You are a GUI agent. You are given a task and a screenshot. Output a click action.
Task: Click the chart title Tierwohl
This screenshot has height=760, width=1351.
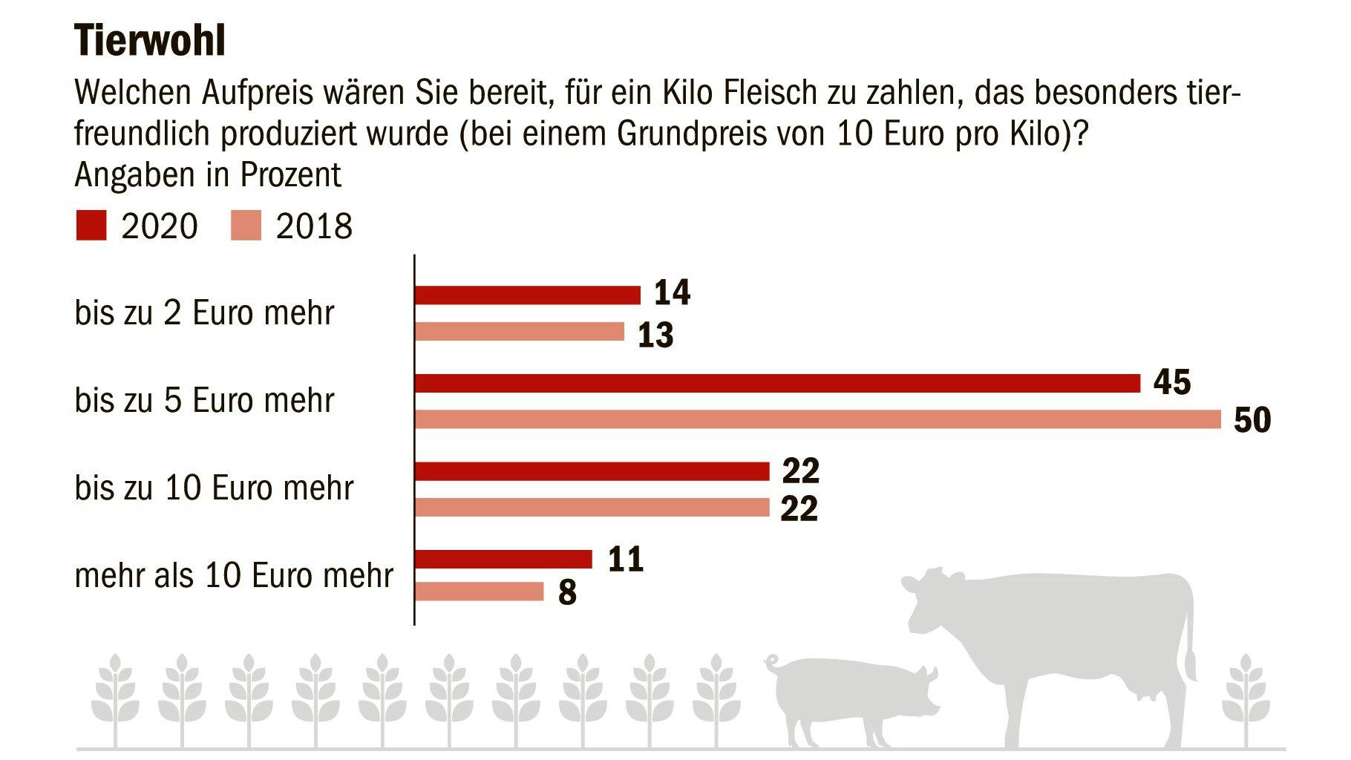click(x=149, y=41)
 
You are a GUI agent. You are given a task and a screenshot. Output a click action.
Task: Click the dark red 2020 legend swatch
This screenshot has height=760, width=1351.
click(x=91, y=226)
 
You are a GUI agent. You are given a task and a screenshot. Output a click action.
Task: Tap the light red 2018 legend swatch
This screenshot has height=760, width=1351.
click(x=246, y=226)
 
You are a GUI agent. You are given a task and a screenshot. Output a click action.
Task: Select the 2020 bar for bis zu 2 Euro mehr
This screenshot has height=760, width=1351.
click(x=527, y=295)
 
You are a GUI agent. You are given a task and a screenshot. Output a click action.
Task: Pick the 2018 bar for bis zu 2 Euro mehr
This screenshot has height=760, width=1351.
click(x=519, y=332)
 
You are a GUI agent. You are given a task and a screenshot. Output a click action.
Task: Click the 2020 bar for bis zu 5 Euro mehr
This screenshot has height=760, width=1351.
click(x=776, y=383)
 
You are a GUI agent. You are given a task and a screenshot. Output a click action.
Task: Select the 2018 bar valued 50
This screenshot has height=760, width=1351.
click(x=817, y=419)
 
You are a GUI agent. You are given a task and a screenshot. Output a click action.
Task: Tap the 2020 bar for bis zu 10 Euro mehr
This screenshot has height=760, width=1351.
click(x=591, y=471)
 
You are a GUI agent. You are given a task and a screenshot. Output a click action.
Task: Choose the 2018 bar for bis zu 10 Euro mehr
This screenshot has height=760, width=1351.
click(x=591, y=508)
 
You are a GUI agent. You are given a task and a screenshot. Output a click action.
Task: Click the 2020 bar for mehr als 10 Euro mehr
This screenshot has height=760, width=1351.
click(x=503, y=559)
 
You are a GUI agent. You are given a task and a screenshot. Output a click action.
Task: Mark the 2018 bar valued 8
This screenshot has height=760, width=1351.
click(x=479, y=592)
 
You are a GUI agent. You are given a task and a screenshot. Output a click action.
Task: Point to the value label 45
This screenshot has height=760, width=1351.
click(x=1172, y=382)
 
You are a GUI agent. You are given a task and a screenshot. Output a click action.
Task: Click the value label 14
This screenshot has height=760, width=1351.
click(x=672, y=292)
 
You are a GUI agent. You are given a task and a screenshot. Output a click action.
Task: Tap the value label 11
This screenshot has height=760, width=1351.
click(x=625, y=558)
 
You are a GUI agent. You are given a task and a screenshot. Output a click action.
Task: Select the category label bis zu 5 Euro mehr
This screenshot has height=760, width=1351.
click(x=204, y=401)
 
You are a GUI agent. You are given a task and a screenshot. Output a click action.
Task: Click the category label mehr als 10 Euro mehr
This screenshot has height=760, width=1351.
click(x=234, y=576)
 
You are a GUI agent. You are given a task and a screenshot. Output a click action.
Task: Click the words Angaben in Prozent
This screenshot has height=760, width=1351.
click(x=208, y=175)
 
